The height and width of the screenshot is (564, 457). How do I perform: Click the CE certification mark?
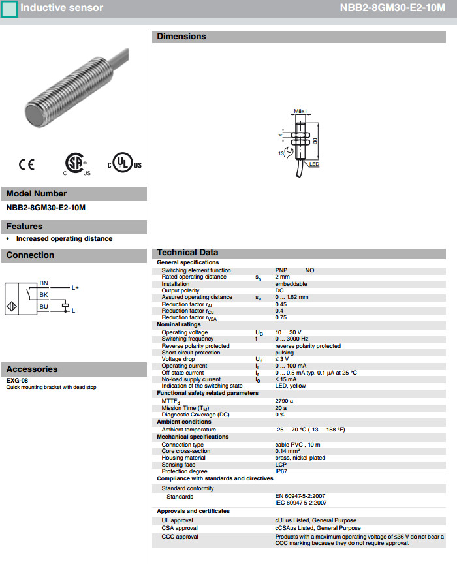(x=27, y=164)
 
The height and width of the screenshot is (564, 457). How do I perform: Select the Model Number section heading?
(x=37, y=194)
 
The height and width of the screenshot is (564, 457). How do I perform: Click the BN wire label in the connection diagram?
(x=44, y=283)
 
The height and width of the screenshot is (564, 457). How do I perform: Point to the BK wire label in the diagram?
(x=44, y=294)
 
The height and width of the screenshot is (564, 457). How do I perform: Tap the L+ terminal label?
(x=75, y=288)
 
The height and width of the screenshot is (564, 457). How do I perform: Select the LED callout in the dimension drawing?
(x=314, y=164)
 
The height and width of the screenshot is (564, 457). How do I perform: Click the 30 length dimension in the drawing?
(x=315, y=140)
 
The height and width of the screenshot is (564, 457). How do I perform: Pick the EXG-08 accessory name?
(x=17, y=381)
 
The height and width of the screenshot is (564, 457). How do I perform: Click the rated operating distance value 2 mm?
(x=283, y=277)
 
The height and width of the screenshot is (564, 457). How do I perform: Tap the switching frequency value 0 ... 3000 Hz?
(x=290, y=339)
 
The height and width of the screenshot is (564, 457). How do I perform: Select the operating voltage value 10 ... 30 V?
(x=288, y=332)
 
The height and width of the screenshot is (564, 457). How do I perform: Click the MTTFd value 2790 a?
(x=284, y=400)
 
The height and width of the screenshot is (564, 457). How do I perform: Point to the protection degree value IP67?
(x=281, y=471)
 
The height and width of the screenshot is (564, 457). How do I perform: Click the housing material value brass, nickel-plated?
(x=300, y=458)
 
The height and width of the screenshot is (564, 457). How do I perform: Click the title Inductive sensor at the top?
(x=61, y=8)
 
